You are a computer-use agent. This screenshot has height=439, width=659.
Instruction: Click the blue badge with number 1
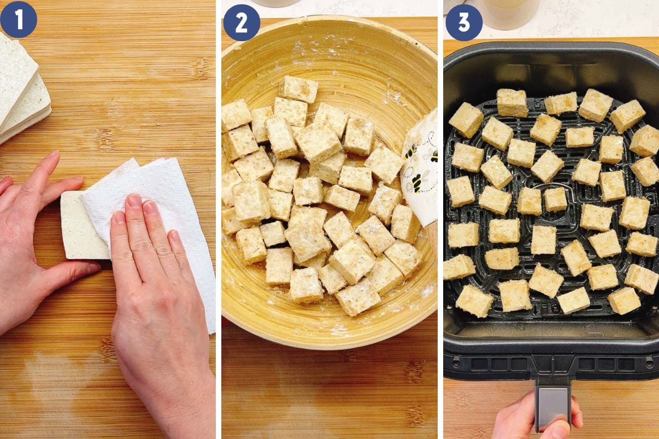18,19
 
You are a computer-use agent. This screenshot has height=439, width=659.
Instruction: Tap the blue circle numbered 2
242,22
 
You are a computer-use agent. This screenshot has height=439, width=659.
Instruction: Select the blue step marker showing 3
463,22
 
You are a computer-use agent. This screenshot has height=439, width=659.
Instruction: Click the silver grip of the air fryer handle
552,403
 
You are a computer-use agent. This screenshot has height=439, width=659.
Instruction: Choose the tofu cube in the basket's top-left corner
466,120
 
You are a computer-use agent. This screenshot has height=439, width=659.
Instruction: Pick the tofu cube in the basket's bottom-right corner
624,300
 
